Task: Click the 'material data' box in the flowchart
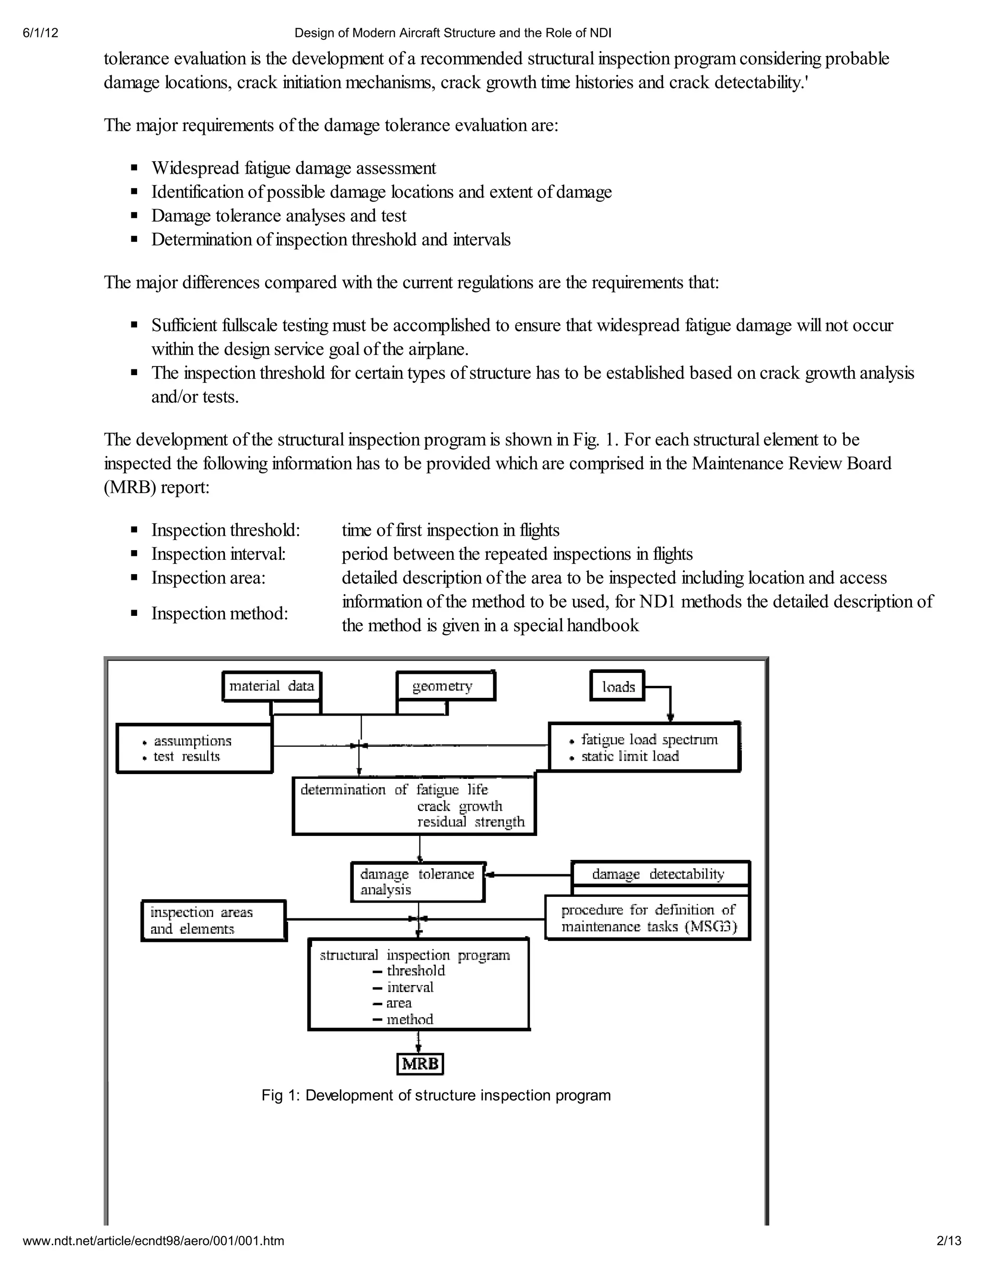pyautogui.click(x=272, y=686)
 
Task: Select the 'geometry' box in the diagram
pyautogui.click(x=445, y=686)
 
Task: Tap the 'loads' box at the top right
pyautogui.click(x=618, y=687)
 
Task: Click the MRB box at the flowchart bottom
pyautogui.click(x=420, y=1064)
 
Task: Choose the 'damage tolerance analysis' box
pyautogui.click(x=418, y=882)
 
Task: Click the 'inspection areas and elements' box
pyautogui.click(x=213, y=920)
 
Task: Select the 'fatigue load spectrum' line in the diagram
pyautogui.click(x=649, y=740)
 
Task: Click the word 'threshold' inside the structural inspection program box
pyautogui.click(x=416, y=970)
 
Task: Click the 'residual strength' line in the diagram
pyautogui.click(x=471, y=822)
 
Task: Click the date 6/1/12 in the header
pyautogui.click(x=41, y=33)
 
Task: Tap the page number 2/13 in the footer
pyautogui.click(x=949, y=1241)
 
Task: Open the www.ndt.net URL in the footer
pyautogui.click(x=153, y=1241)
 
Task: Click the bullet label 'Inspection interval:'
pyautogui.click(x=219, y=554)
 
